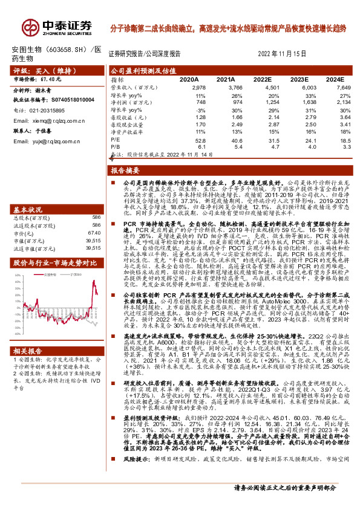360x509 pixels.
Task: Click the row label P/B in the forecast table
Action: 114,146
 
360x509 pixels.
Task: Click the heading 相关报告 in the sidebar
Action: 28,350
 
